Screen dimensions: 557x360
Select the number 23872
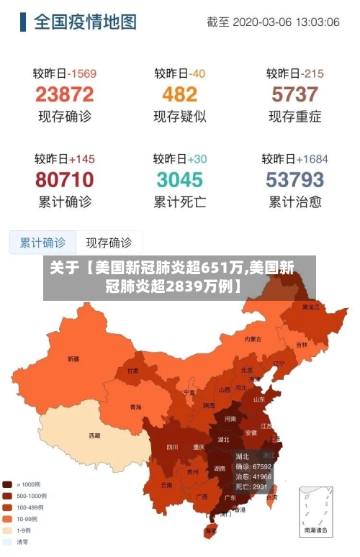(65, 94)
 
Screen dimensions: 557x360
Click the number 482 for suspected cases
(179, 94)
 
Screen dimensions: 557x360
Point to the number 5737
(294, 94)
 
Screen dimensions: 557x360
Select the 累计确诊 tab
(42, 243)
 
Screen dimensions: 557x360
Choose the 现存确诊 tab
(109, 243)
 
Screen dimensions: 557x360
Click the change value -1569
(81, 73)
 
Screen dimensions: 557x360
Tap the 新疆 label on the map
(73, 358)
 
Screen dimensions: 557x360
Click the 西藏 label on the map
(94, 435)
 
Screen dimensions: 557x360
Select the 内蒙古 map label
(253, 338)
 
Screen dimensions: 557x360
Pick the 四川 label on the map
(172, 446)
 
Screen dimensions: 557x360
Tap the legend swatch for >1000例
(7, 485)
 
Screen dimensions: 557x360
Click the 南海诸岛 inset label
(315, 530)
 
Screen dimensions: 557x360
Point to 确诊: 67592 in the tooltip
(253, 466)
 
